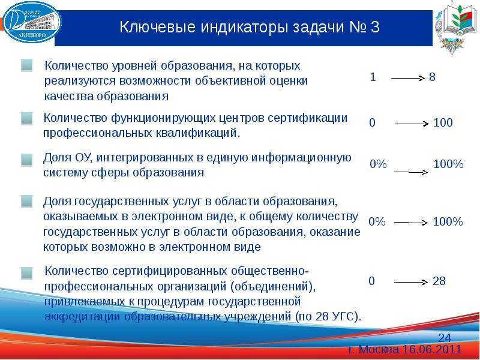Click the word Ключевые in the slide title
(152, 28)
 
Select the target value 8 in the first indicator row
(433, 78)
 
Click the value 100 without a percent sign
(443, 123)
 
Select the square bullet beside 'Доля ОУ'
(27, 160)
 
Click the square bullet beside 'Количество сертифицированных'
(27, 273)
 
